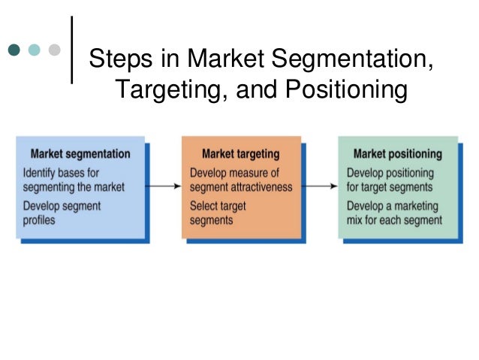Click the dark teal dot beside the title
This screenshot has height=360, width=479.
pyautogui.click(x=16, y=50)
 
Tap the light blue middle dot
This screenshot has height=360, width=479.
pyautogui.click(x=35, y=50)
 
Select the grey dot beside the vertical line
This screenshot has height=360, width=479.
pyautogui.click(x=54, y=50)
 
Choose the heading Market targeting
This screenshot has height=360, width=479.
pyautogui.click(x=240, y=154)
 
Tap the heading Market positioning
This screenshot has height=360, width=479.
pyautogui.click(x=397, y=154)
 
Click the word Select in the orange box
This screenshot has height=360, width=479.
pyautogui.click(x=204, y=205)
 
